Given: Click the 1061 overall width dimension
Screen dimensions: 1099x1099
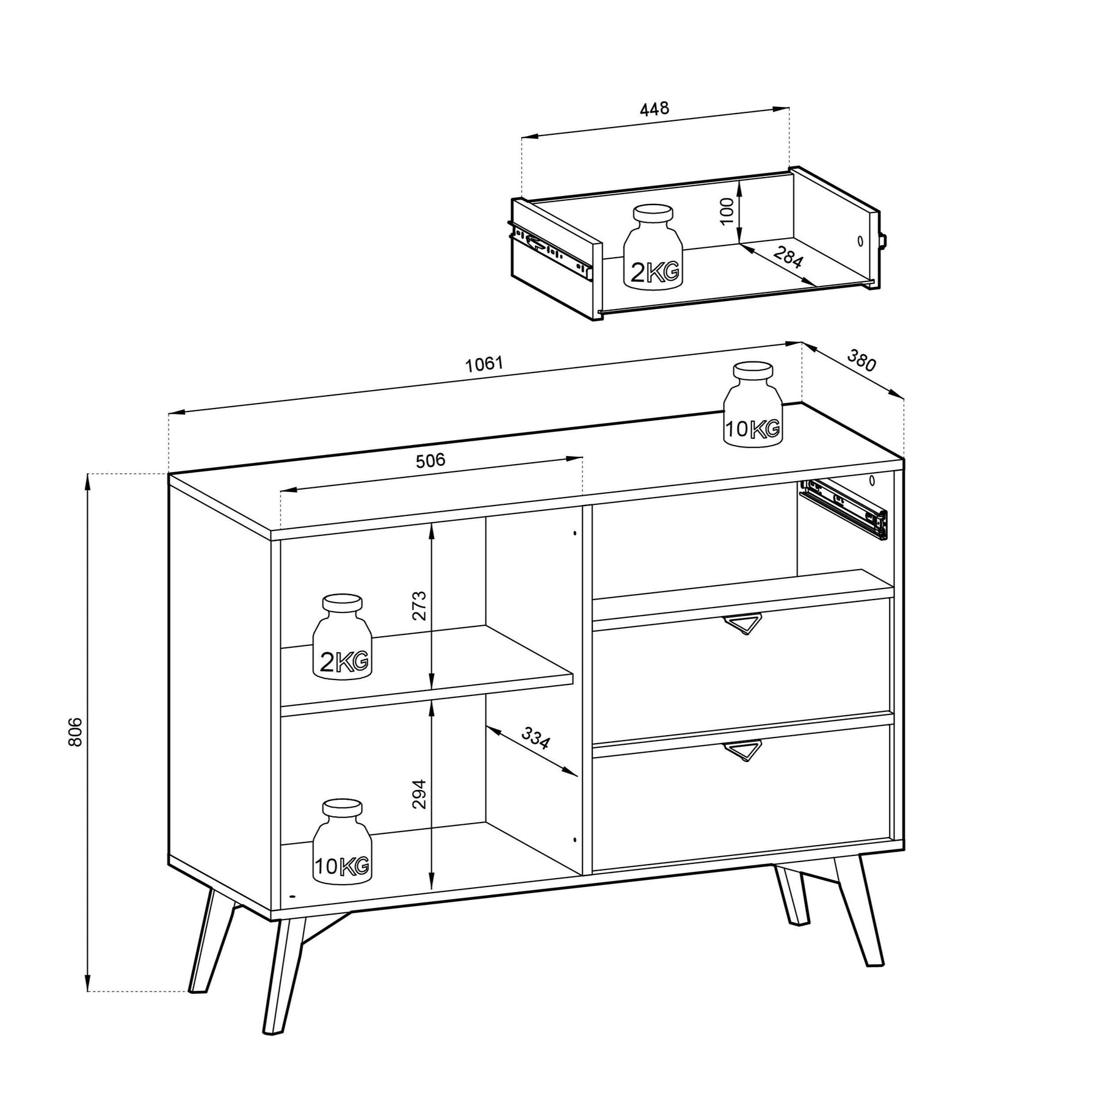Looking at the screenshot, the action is (484, 364).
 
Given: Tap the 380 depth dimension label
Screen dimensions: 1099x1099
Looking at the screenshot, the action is (861, 361).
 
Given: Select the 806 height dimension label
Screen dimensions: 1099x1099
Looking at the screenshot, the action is (74, 731).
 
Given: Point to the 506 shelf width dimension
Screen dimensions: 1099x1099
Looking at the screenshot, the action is (430, 460).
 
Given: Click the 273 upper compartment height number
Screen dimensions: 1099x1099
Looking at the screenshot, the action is (419, 605).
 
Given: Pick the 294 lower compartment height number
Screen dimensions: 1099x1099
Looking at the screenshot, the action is (419, 794).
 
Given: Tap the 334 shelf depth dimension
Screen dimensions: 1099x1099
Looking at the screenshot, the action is (535, 739).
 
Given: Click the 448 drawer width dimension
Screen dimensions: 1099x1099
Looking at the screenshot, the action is (655, 109).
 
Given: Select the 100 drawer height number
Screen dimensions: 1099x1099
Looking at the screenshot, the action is (727, 212).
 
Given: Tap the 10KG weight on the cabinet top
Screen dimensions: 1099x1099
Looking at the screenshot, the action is (753, 404).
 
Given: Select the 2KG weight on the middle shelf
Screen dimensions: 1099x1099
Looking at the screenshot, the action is (342, 636).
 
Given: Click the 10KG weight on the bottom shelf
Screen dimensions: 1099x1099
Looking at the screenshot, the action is (342, 841).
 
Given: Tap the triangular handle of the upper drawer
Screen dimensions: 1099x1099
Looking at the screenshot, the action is (742, 625).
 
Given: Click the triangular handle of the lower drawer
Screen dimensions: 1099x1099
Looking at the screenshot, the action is (742, 751).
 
